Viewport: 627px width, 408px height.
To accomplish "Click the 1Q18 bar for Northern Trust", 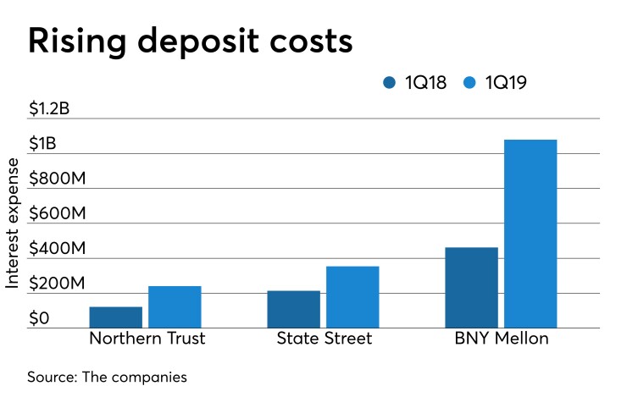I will tap(115, 317).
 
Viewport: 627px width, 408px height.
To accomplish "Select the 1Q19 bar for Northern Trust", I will tap(175, 307).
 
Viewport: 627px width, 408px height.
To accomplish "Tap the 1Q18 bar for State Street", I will tap(293, 310).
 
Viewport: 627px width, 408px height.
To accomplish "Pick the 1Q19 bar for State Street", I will tap(352, 297).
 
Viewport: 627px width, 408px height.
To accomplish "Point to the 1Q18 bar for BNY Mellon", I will tap(471, 288).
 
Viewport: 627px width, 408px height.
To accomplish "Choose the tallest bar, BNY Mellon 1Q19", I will tap(530, 234).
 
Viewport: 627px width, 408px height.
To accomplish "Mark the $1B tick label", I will tap(43, 144).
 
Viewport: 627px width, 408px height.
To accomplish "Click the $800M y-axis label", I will tap(58, 179).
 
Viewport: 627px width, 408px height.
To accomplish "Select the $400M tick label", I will tap(58, 250).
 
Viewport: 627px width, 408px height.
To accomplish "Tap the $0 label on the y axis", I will tap(39, 319).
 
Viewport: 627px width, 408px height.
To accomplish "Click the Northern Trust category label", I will tap(147, 339).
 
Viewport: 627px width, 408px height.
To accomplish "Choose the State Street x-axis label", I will tap(324, 339).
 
